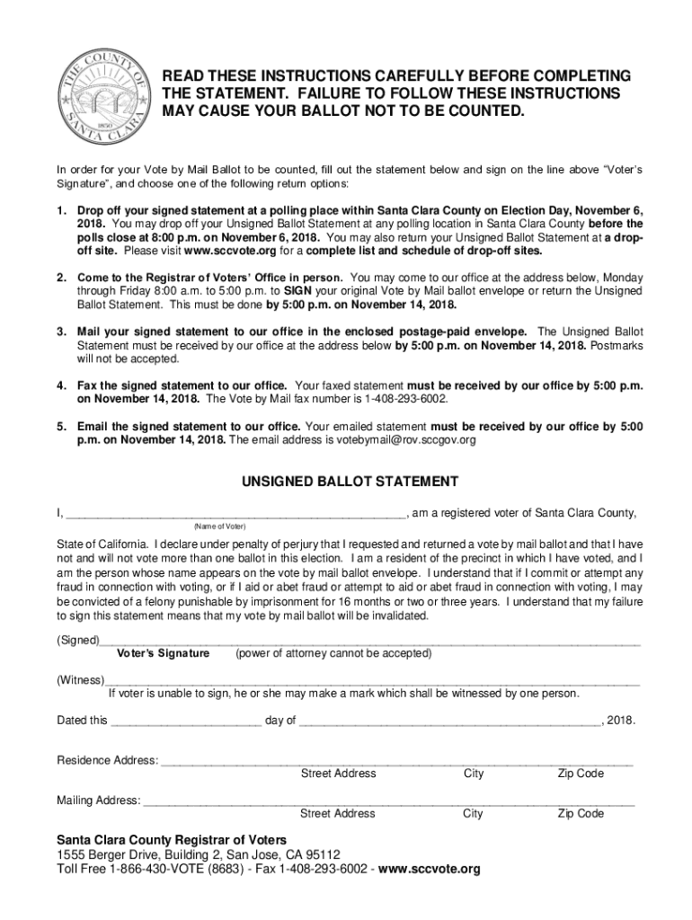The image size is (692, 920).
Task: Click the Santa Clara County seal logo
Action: coord(100,93)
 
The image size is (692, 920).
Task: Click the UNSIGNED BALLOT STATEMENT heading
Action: coord(350,482)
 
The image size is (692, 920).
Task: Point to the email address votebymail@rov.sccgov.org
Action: coord(406,440)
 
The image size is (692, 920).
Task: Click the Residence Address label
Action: coord(107,760)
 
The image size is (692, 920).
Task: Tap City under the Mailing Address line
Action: coord(473,813)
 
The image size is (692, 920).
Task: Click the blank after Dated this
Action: coord(186,721)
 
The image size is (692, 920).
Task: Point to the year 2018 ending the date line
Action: coord(622,721)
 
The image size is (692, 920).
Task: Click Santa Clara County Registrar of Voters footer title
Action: coord(172,840)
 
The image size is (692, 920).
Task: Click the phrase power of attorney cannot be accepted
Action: coord(333,653)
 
